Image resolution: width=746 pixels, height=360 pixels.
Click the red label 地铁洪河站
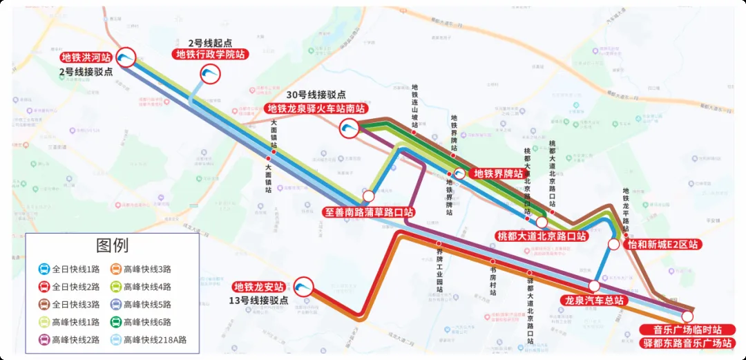(86, 57)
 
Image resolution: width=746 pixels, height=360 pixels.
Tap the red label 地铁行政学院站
(211, 55)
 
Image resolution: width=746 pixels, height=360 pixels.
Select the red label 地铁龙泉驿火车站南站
(316, 108)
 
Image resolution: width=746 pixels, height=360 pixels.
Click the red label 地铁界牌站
(497, 173)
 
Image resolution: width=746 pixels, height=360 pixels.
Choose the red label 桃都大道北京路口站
(542, 236)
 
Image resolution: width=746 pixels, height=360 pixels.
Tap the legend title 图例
(112, 245)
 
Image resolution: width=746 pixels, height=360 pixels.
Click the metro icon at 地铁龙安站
(303, 287)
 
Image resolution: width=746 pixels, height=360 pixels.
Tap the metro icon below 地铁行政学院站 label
(210, 74)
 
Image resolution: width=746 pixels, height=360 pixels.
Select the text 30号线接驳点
(317, 95)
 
